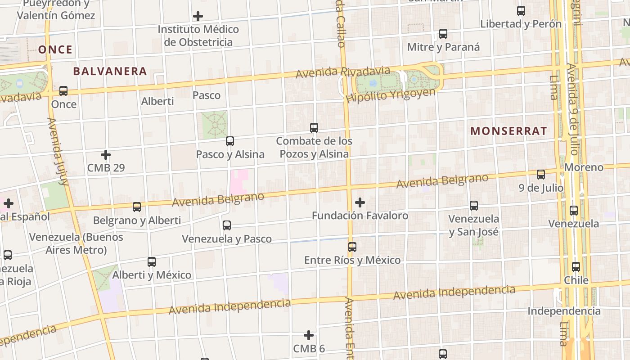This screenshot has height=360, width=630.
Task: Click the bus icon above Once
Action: (63, 91)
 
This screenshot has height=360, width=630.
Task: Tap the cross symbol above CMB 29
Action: (106, 155)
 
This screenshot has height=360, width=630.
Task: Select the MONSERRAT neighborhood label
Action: (508, 131)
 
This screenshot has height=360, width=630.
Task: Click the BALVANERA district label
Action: (110, 71)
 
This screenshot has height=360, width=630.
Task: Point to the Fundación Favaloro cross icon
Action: (360, 202)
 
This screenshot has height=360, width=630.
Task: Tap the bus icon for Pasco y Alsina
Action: (230, 141)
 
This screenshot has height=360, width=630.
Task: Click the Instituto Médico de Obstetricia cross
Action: (198, 17)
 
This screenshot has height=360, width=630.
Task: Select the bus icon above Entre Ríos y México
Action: (352, 247)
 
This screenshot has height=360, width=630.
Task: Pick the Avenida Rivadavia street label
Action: (343, 72)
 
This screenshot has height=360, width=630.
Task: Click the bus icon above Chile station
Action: (576, 267)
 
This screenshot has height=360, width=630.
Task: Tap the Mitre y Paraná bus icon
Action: (443, 34)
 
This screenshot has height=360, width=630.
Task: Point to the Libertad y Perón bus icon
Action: (521, 11)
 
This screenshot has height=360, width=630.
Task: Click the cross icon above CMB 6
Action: (309, 335)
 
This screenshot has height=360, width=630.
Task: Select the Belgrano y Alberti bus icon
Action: (137, 207)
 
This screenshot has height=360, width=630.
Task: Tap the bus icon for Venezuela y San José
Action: (474, 206)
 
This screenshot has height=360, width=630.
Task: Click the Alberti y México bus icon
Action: (152, 262)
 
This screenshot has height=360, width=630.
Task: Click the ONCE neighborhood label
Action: (55, 49)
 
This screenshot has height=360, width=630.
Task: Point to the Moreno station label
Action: (584, 167)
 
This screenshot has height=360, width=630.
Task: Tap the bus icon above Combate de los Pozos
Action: (314, 128)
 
